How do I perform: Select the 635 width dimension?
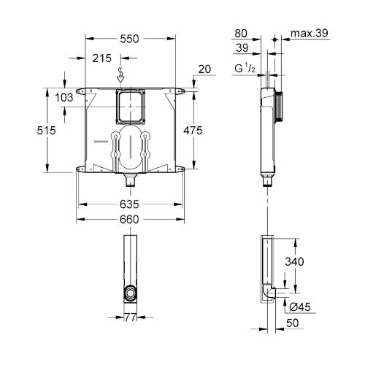[x=130, y=205]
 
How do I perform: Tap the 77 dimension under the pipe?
[x=129, y=318]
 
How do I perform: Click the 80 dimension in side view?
[x=242, y=33]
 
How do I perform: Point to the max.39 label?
[x=307, y=33]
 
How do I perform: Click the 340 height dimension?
[x=307, y=261]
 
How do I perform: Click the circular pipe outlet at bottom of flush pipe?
[x=129, y=294]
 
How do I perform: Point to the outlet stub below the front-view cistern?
[x=130, y=176]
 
